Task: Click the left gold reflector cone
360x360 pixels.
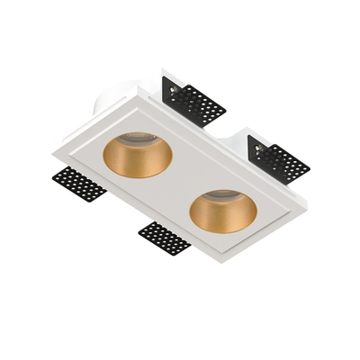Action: (x=138, y=162)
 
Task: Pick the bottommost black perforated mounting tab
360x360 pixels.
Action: (x=165, y=238)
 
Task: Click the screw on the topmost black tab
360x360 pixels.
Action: (x=172, y=89)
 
